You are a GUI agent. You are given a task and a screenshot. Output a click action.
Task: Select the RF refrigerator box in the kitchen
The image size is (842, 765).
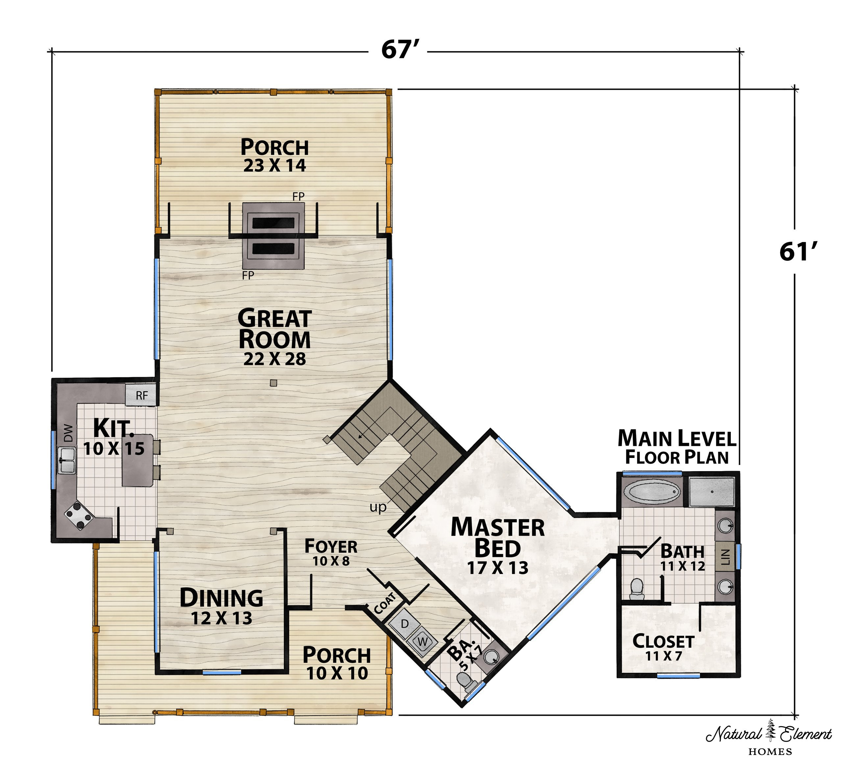(141, 395)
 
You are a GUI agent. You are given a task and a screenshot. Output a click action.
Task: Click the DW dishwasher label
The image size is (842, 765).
(68, 433)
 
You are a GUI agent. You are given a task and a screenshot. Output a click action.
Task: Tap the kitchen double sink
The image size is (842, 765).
(66, 460)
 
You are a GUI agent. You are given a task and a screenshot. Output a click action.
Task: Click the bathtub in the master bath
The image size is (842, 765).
(652, 493)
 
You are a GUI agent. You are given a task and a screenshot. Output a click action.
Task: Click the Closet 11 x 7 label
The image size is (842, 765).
(663, 647)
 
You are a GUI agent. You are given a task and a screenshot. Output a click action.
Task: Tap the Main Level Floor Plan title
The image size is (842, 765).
(677, 447)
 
